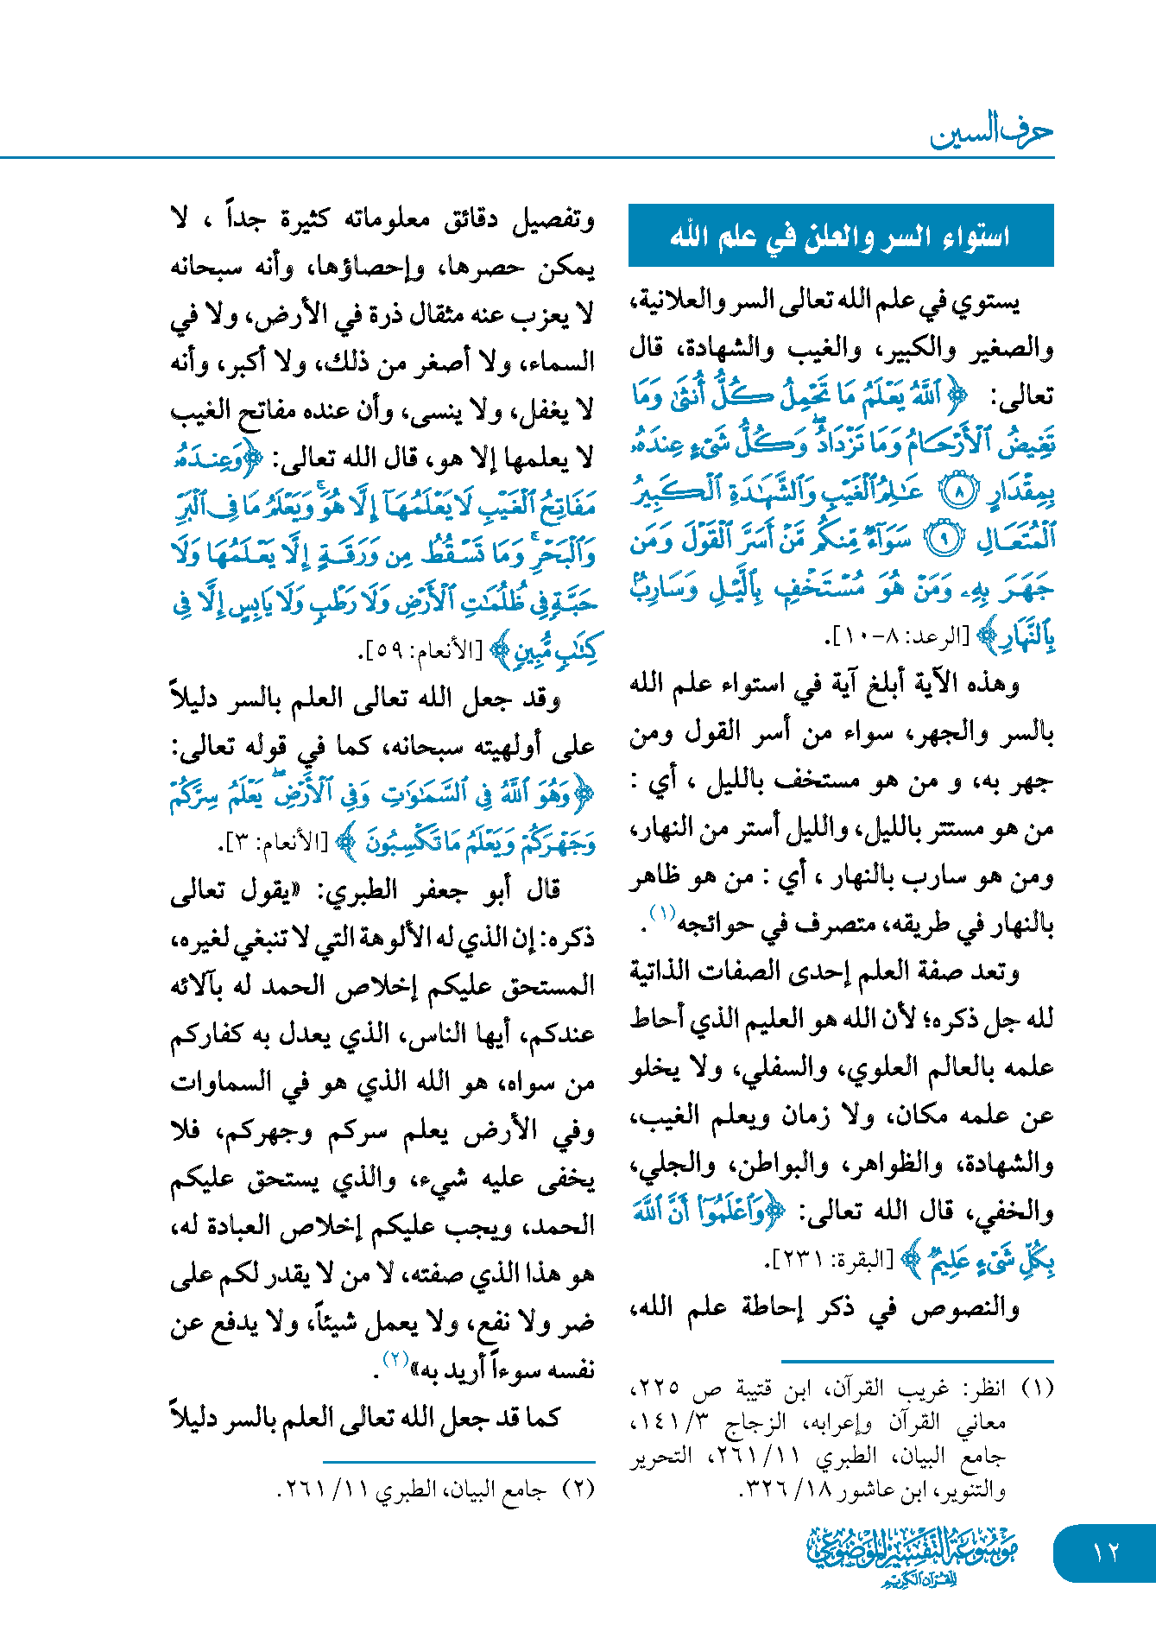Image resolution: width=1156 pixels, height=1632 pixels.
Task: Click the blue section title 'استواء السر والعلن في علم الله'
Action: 840,236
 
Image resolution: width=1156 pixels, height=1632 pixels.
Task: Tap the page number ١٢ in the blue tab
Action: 1105,1552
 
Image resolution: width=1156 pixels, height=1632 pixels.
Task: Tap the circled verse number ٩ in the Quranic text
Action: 943,541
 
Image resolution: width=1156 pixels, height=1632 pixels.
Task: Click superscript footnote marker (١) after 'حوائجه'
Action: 661,914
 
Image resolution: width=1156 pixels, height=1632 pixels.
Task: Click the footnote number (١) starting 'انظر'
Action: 1037,1388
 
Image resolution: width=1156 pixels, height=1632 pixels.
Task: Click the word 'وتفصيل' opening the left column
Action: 553,220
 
